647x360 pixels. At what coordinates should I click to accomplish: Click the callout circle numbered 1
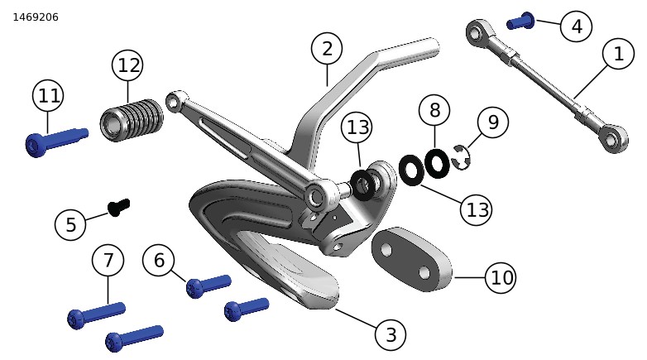coord(618,54)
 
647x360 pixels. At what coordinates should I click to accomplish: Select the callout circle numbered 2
coord(327,49)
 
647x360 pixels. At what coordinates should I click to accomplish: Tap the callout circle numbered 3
coord(391,334)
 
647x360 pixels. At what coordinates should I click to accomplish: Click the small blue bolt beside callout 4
coord(520,21)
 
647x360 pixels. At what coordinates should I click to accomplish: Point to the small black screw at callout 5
coord(119,207)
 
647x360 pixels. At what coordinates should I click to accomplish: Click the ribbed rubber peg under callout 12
coord(132,120)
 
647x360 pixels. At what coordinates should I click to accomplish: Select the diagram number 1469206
coord(36,17)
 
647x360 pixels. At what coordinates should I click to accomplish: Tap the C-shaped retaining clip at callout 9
coord(459,158)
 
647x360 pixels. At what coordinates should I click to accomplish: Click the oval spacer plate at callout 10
coord(411,259)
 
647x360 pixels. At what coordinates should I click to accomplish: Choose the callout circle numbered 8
coord(434,110)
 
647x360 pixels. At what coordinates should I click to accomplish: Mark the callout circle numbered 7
coord(108,261)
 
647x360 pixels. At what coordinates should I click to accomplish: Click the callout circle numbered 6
coord(159,261)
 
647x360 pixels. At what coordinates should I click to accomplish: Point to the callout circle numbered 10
coord(501,277)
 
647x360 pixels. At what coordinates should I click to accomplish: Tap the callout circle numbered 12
coord(128,65)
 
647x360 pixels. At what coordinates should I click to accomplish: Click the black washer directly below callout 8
coord(437,164)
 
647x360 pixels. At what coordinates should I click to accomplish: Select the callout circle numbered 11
coord(48,96)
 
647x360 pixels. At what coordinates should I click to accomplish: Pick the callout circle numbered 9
coord(492,122)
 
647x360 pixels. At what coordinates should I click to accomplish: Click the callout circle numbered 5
coord(70,225)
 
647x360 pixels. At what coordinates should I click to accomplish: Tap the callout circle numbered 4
coord(577,26)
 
